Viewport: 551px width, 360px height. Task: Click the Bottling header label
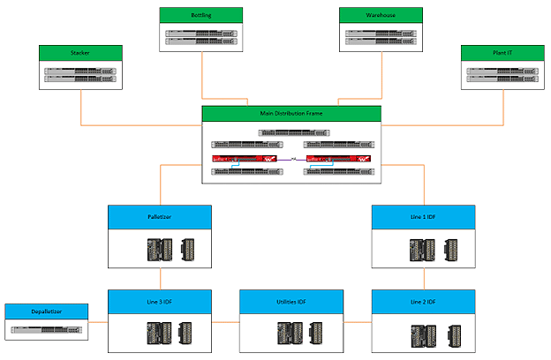202,15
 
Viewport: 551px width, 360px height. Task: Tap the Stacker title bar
80,53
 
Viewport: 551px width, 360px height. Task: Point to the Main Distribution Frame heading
291,114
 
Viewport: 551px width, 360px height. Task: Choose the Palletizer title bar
160,214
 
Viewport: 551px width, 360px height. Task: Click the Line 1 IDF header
425,214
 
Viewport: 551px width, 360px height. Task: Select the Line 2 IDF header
425,302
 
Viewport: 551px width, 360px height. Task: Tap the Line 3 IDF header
160,302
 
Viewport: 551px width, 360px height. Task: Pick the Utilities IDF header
292,302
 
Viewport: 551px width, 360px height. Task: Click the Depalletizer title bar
47,311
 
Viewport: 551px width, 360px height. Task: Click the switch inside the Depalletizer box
47,330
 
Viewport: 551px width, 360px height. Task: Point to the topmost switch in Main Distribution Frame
292,133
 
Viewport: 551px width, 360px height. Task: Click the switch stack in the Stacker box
80,75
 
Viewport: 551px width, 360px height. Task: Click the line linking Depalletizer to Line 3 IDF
98,323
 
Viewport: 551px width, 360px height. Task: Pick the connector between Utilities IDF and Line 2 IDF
359,323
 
